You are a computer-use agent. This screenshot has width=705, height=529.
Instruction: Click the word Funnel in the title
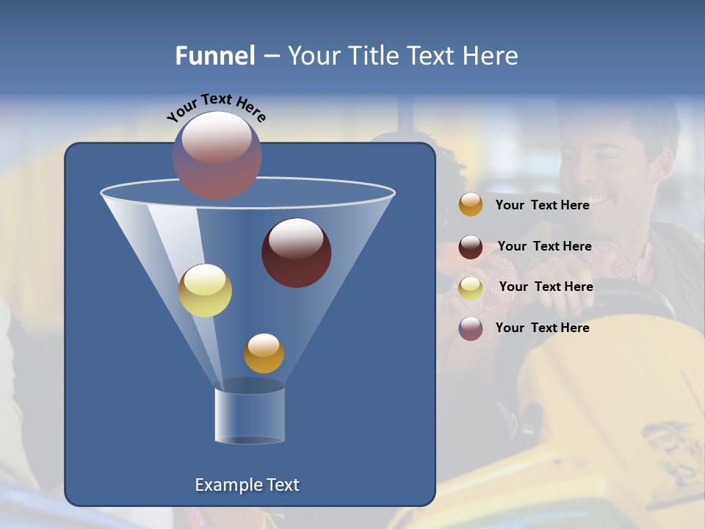click(214, 56)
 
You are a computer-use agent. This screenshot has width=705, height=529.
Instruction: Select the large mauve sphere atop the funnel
click(217, 156)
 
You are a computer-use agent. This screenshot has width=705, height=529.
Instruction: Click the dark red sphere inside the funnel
click(297, 253)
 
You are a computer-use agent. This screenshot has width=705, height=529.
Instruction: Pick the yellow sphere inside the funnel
click(206, 290)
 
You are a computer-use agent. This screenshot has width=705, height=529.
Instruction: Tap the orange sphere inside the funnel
click(264, 353)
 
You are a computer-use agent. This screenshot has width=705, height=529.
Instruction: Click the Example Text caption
click(247, 485)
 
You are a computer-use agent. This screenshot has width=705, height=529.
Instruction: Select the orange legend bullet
click(471, 205)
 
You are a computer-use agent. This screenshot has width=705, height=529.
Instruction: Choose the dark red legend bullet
click(471, 247)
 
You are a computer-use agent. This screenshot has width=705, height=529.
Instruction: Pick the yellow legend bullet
click(471, 288)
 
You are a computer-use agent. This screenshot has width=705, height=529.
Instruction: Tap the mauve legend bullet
click(471, 328)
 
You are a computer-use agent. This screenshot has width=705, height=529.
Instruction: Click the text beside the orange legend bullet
click(542, 205)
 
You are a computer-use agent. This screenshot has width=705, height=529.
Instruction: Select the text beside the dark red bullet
click(544, 246)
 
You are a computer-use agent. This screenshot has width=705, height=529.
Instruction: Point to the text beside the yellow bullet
click(546, 287)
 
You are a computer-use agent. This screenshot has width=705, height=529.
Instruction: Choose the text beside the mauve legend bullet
click(542, 328)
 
